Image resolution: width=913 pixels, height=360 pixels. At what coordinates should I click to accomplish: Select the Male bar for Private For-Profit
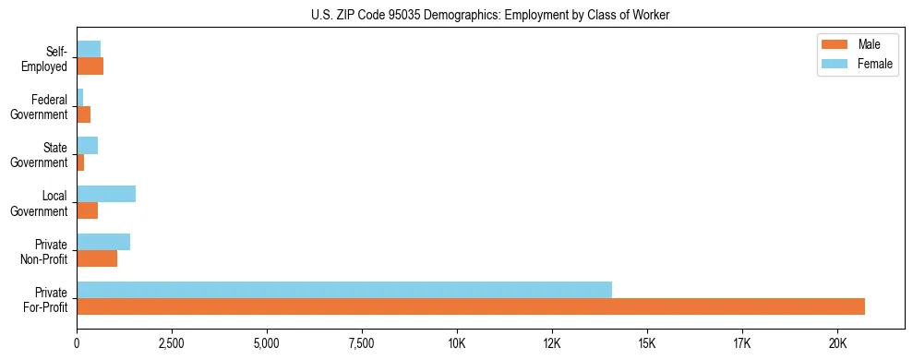coord(471,306)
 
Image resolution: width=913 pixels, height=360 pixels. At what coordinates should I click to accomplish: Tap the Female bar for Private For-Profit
coord(344,290)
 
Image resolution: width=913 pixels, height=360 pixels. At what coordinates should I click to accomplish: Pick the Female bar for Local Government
coord(106,194)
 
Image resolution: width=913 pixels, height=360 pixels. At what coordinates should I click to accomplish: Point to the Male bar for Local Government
coord(88,210)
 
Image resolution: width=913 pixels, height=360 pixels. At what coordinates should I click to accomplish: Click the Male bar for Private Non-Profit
coord(97,258)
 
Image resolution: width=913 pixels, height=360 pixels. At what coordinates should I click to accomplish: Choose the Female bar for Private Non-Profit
coord(103,242)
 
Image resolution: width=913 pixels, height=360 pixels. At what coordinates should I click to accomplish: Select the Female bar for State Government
coord(88,146)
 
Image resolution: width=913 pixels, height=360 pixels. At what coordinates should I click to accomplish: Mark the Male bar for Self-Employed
coord(90,66)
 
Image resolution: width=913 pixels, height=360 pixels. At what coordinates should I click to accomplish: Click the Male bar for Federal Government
coord(84,114)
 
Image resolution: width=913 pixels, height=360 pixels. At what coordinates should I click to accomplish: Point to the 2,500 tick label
coord(172,344)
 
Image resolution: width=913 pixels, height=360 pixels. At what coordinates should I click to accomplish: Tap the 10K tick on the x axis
coord(457,344)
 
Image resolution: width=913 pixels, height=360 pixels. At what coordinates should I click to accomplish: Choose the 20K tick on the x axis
coord(836,344)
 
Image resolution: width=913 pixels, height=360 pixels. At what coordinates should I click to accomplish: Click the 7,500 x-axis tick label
coord(362,344)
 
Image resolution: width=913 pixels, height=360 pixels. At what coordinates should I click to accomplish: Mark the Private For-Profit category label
coord(45,299)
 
